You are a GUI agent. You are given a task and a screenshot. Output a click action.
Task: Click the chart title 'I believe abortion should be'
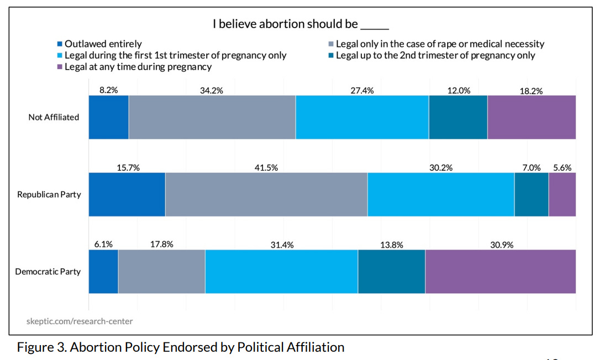click(x=301, y=24)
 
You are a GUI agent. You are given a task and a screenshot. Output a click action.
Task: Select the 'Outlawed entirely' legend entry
click(x=103, y=44)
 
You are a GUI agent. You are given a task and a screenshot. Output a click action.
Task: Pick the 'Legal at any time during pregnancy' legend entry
click(x=138, y=67)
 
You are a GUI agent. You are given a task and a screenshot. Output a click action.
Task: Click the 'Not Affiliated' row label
click(x=54, y=117)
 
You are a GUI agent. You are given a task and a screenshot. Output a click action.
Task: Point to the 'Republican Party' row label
click(x=49, y=194)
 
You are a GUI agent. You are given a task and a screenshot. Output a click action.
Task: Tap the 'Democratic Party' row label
click(x=48, y=272)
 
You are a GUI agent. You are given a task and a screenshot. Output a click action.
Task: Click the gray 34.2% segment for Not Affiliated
click(x=212, y=117)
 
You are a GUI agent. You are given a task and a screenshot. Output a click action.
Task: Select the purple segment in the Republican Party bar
click(x=562, y=194)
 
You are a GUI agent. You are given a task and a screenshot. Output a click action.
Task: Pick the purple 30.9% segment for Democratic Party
click(x=500, y=272)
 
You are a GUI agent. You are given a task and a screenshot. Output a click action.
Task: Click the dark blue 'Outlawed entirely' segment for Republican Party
click(x=127, y=194)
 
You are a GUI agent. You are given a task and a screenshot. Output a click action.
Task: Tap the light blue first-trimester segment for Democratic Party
click(x=281, y=272)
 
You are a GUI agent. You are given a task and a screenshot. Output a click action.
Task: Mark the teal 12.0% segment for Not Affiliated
click(x=458, y=117)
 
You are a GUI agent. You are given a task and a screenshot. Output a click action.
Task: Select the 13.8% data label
click(x=391, y=245)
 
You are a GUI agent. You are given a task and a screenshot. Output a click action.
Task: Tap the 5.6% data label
click(x=563, y=168)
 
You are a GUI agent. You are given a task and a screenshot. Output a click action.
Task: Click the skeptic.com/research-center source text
click(x=80, y=321)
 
